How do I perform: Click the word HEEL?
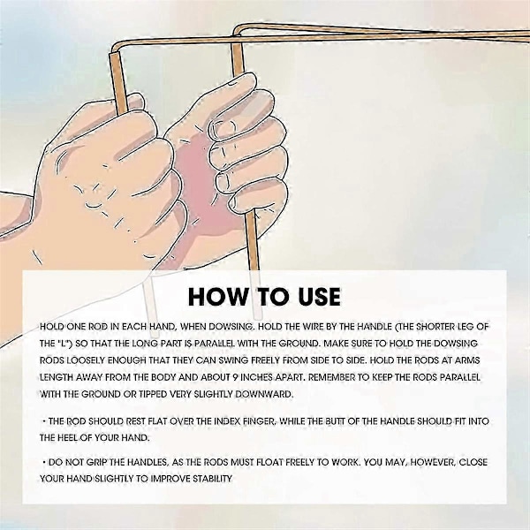coord(66,438)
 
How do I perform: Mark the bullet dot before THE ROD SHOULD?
coord(44,421)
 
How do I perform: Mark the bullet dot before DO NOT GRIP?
coord(44,462)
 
